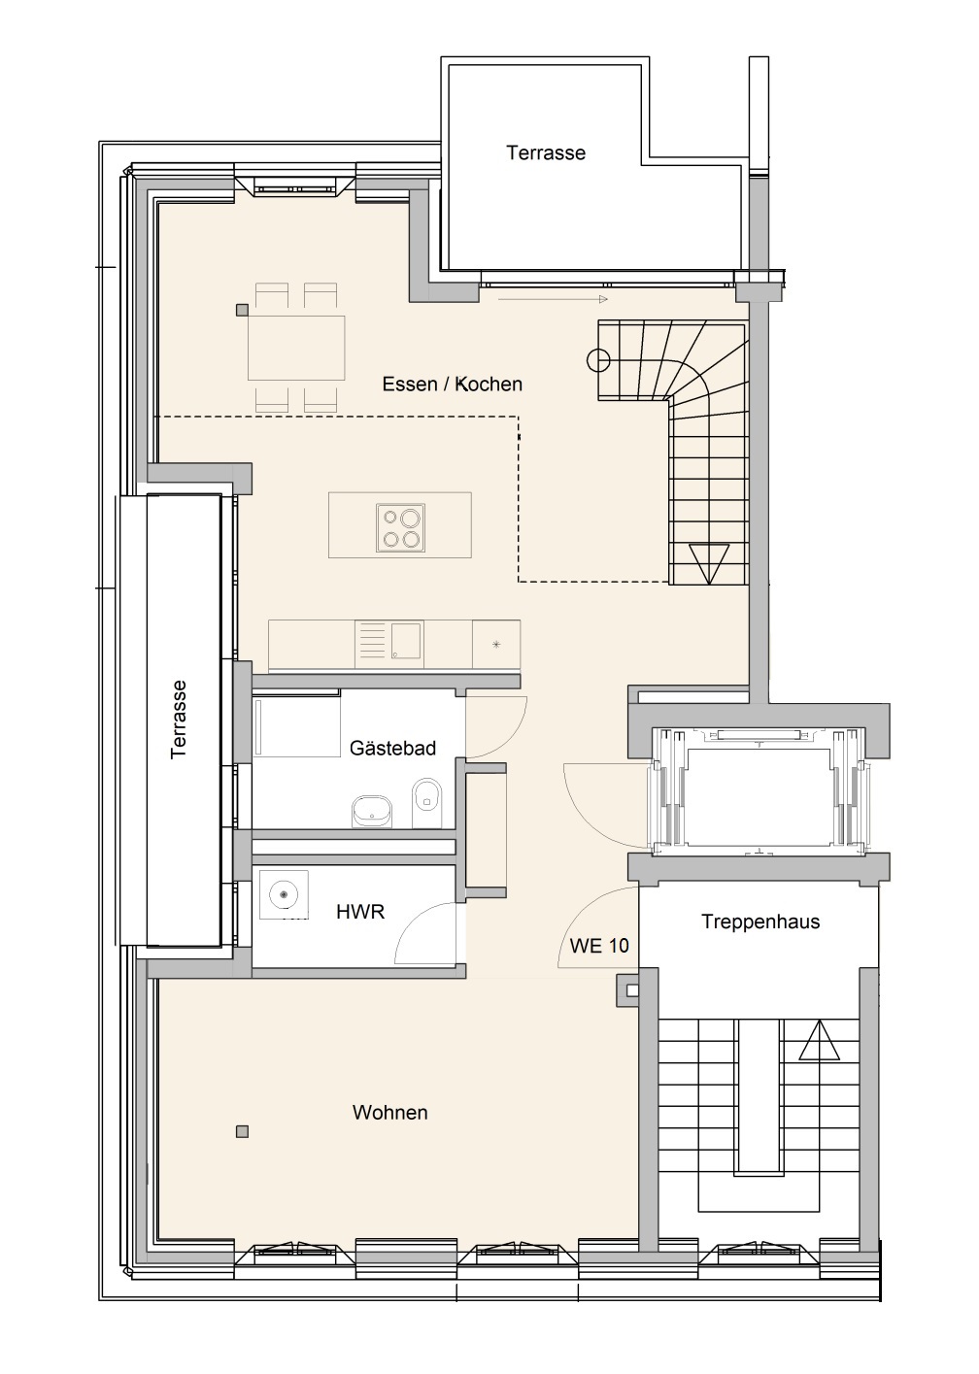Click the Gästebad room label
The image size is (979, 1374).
(x=392, y=749)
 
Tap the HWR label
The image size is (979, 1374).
(x=360, y=912)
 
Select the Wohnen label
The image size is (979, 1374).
(x=390, y=1113)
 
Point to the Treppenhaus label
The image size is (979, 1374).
(x=760, y=922)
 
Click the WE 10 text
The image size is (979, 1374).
(x=599, y=946)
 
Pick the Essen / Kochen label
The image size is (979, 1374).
(x=452, y=385)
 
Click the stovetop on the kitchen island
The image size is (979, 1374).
(x=400, y=527)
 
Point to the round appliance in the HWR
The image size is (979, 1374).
(x=283, y=895)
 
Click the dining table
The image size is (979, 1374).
(x=295, y=348)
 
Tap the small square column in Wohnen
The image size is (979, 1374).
(x=242, y=1131)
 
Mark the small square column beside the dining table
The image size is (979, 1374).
(x=242, y=311)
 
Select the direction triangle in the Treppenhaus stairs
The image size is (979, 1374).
(x=820, y=1040)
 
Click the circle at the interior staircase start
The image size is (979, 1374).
(x=598, y=360)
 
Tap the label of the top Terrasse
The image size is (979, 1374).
(x=545, y=152)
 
